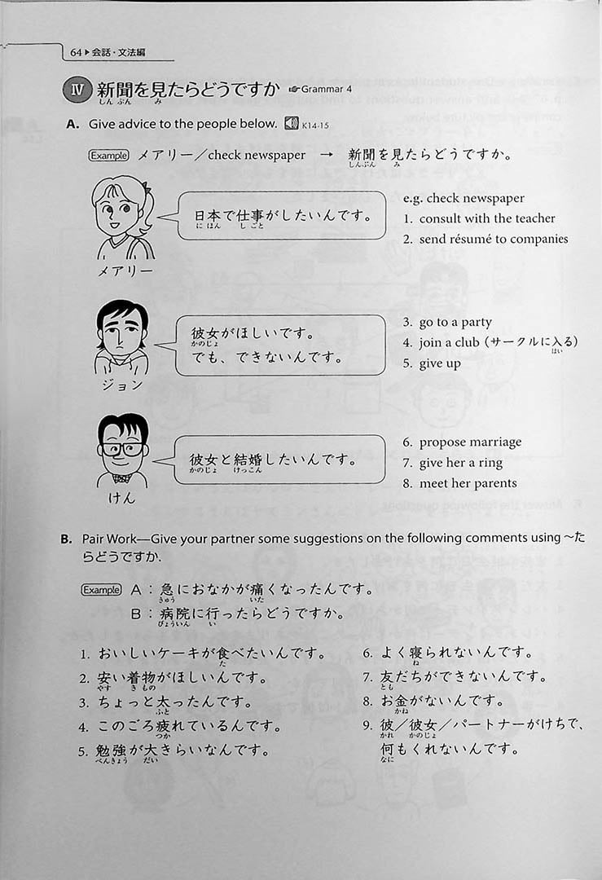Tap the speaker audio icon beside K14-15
point(291,124)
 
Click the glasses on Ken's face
point(121,449)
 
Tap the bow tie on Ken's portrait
point(121,477)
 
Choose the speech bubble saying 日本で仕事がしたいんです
point(280,217)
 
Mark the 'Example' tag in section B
point(101,590)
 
